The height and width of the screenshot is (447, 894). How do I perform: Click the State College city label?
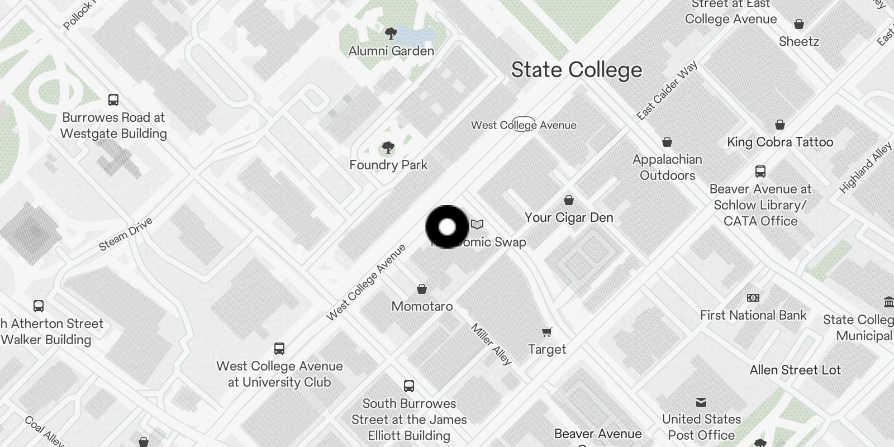pyautogui.click(x=576, y=70)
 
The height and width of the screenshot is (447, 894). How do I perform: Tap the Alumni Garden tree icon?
pyautogui.click(x=391, y=33)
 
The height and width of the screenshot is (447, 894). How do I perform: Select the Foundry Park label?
pyautogui.click(x=388, y=165)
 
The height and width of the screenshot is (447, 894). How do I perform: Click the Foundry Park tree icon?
pyautogui.click(x=388, y=148)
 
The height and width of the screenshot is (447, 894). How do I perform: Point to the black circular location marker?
pyautogui.click(x=447, y=227)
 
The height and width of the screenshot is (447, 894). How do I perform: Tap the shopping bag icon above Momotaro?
pyautogui.click(x=422, y=289)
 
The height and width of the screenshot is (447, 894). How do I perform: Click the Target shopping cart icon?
pyautogui.click(x=547, y=332)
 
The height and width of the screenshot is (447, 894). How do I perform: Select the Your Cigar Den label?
pyautogui.click(x=569, y=217)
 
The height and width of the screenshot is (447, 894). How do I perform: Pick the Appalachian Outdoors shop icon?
pyautogui.click(x=667, y=142)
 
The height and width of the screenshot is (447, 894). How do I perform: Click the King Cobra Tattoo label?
pyautogui.click(x=779, y=142)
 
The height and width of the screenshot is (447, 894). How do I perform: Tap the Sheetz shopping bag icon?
pyautogui.click(x=799, y=24)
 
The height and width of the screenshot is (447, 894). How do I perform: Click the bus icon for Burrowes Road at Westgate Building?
pyautogui.click(x=113, y=100)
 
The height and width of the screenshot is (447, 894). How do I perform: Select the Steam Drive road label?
pyautogui.click(x=126, y=235)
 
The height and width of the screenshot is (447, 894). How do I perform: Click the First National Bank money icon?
pyautogui.click(x=753, y=298)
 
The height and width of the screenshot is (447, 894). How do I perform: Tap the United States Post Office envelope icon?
pyautogui.click(x=701, y=402)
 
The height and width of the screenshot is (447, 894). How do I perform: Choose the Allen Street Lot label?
pyautogui.click(x=795, y=370)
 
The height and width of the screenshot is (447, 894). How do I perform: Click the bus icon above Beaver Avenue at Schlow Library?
pyautogui.click(x=760, y=172)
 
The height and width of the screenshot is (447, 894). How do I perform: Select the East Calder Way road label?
pyautogui.click(x=667, y=91)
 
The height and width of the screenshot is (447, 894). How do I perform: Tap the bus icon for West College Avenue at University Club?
pyautogui.click(x=279, y=349)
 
